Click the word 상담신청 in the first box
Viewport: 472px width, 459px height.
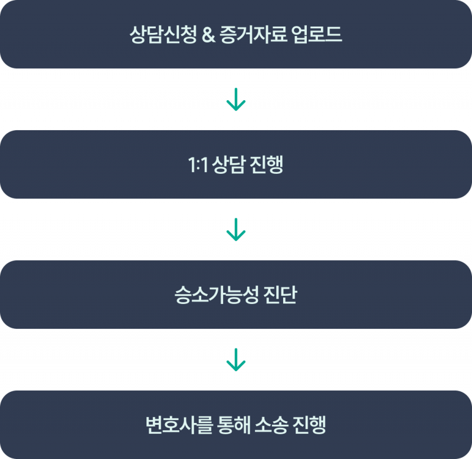[155, 35]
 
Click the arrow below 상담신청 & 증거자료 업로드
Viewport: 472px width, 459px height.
[236, 100]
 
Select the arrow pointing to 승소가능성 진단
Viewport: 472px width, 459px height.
[236, 230]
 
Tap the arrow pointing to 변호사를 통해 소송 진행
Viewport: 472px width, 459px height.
[236, 359]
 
